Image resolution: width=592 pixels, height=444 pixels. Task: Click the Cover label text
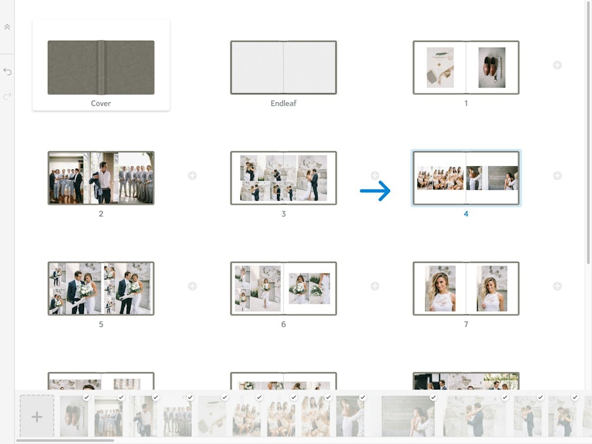pos(101,103)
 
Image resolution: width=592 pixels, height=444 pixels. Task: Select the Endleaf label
pos(283,103)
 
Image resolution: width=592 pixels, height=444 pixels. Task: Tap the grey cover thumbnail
pos(101,67)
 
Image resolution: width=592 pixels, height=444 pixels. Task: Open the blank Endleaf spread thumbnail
pos(283,67)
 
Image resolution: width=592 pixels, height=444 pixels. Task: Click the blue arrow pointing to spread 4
pos(375,191)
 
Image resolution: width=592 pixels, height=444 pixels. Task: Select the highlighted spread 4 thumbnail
pos(466,178)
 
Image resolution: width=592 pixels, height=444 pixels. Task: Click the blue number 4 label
pos(466,214)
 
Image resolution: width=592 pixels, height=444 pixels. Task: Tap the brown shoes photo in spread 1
pos(491,67)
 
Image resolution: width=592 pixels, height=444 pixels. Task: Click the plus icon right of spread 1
pos(557,65)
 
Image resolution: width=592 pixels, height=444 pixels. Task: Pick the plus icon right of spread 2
pos(192,176)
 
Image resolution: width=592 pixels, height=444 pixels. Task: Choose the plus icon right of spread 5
pos(192,286)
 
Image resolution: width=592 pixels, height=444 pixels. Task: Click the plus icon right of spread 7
pos(557,286)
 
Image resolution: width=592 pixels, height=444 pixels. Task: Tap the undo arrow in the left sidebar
pos(7,72)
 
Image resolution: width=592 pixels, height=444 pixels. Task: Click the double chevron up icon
pos(7,27)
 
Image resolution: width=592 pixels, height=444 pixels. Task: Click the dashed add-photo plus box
pos(37,416)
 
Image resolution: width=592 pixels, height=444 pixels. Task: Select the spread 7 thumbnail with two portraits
pos(466,288)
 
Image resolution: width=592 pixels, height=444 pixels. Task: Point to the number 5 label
pos(101,324)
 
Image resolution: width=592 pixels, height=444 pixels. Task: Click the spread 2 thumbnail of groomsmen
pos(101,178)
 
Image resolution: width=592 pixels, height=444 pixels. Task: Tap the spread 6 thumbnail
pos(283,288)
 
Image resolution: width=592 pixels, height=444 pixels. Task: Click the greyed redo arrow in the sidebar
pos(7,96)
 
